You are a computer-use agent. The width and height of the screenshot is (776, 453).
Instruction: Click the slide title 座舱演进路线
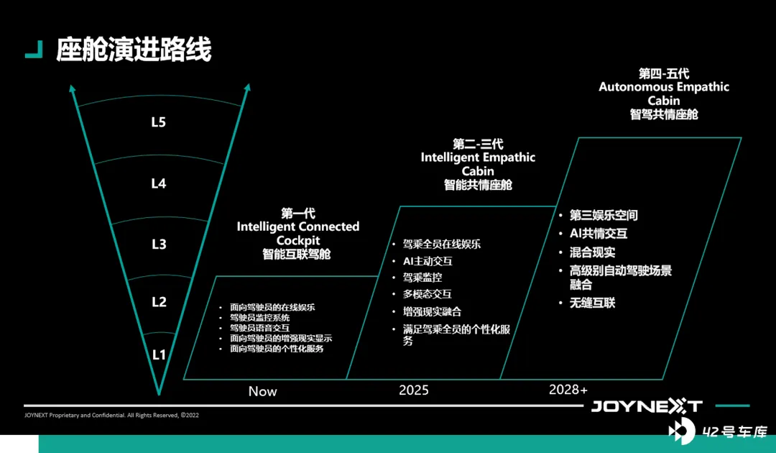coord(134,49)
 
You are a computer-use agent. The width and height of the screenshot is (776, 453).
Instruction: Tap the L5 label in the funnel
coord(158,122)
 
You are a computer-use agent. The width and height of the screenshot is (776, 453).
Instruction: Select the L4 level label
coord(158,183)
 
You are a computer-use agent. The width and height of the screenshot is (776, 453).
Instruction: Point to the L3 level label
coord(158,244)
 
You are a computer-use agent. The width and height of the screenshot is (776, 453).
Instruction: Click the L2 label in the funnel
coord(159,301)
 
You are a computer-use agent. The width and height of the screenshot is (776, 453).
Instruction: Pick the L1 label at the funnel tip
coord(158,354)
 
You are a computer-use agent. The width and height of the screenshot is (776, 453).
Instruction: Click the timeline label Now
coord(262,391)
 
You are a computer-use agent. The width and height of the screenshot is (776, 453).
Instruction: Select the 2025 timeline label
coord(414,390)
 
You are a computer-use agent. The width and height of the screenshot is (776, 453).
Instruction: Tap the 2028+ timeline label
coord(568,390)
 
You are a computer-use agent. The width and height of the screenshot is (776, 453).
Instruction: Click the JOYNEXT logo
coord(647,406)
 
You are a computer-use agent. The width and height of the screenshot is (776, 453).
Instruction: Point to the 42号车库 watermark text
coord(735,431)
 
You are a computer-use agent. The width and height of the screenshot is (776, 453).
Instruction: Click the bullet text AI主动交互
coord(428,261)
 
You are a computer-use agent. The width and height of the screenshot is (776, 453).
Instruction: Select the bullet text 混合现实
coord(592,252)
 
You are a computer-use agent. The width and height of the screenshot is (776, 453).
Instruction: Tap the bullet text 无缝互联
coord(592,303)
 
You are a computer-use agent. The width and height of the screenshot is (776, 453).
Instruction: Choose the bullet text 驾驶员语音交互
coord(260,328)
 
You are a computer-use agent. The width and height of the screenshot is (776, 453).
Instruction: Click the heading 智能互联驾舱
coord(297,254)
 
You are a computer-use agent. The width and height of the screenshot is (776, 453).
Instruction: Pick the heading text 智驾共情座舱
coord(664,114)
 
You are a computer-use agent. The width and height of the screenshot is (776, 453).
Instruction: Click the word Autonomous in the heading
coord(629,87)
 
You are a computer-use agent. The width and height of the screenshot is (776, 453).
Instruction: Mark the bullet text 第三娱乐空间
coord(604,216)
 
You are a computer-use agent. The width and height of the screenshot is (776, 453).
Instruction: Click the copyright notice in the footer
coord(111,415)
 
